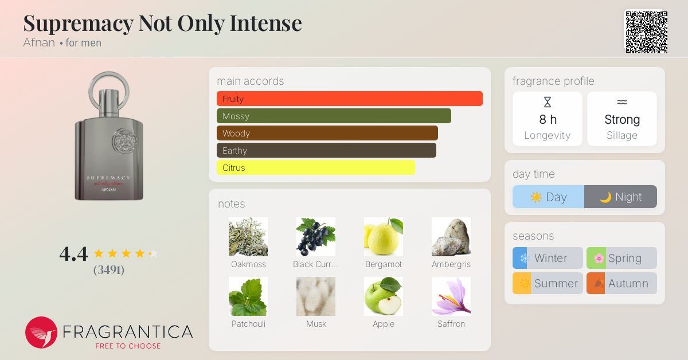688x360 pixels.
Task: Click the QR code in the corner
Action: (647, 32)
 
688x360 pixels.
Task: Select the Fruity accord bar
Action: (350, 99)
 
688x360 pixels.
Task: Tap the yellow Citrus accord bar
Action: (316, 167)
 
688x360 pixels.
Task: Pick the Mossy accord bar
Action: (334, 116)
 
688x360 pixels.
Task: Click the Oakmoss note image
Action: (248, 237)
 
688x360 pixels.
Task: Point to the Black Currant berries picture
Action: (316, 237)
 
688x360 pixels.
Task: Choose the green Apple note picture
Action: (384, 296)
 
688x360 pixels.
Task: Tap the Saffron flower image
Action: (451, 296)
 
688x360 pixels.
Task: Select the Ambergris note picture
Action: (451, 237)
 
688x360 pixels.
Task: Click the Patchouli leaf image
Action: (248, 296)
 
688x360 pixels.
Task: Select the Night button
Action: (620, 197)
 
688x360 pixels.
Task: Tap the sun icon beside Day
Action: (536, 197)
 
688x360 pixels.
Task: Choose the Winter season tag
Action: (548, 258)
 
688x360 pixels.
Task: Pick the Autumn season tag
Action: (621, 283)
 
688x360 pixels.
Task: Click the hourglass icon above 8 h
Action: (548, 102)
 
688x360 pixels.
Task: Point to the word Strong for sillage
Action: (622, 119)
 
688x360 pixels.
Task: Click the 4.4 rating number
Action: (74, 254)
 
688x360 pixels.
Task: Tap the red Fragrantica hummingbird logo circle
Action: (41, 332)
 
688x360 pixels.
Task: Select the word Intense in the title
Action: (265, 23)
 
